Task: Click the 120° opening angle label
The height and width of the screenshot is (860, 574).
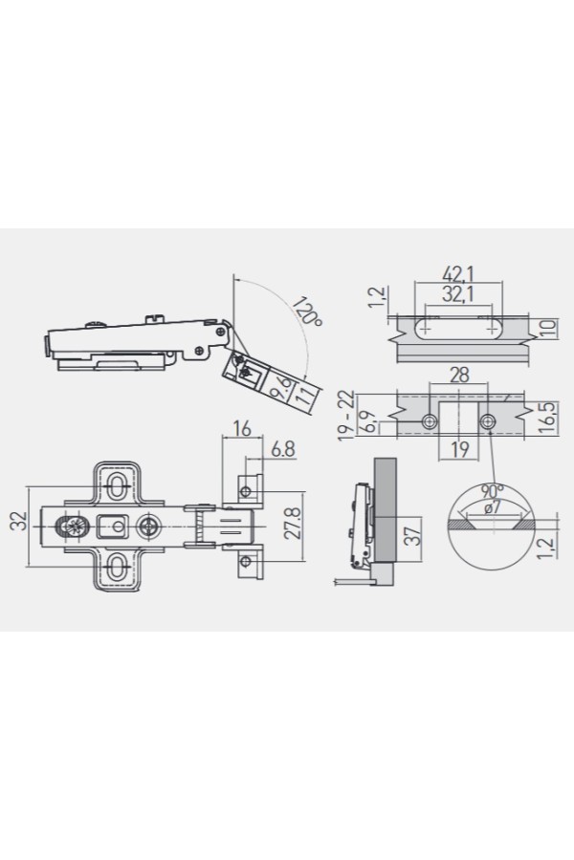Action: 307,312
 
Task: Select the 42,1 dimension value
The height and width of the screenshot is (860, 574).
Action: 458,273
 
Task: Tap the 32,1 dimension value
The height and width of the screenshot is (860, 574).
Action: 458,294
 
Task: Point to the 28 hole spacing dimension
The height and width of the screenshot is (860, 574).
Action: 459,376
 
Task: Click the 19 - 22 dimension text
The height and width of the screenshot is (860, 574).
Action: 346,416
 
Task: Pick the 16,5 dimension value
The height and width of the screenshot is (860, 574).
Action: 547,418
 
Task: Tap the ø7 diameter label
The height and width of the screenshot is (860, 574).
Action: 493,507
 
